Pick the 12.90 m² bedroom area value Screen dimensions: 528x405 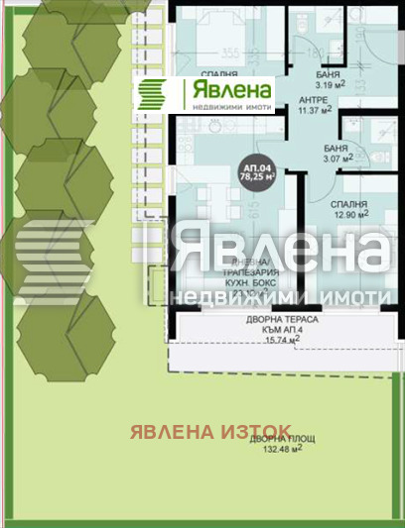(x=348, y=213)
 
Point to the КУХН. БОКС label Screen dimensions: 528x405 (x=208, y=283)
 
